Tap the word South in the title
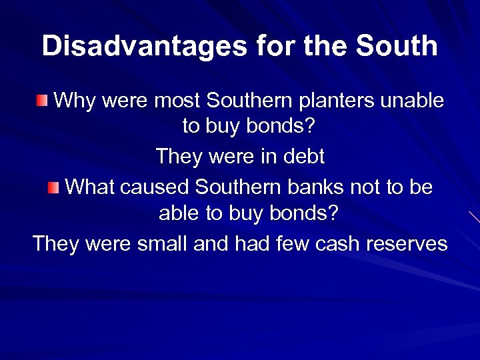[x=397, y=46]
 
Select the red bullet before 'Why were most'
[x=43, y=101]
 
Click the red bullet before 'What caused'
[x=54, y=187]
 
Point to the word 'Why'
[x=71, y=101]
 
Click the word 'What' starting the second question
[x=90, y=187]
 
